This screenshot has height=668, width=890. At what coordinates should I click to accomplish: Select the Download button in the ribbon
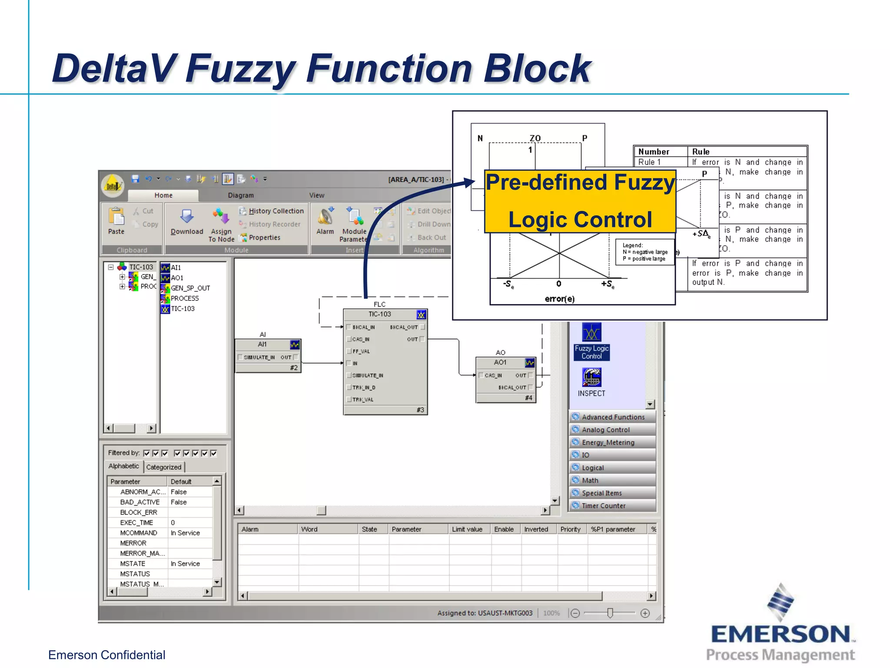pyautogui.click(x=187, y=221)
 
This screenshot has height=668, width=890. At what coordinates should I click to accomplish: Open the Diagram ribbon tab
pyautogui.click(x=241, y=195)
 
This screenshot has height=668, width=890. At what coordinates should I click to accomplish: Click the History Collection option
pyautogui.click(x=276, y=211)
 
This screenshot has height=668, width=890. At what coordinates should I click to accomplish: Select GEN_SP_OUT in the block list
pyautogui.click(x=190, y=288)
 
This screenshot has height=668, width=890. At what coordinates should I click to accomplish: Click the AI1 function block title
pyautogui.click(x=262, y=344)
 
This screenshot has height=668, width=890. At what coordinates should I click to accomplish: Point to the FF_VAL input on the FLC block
pyautogui.click(x=360, y=351)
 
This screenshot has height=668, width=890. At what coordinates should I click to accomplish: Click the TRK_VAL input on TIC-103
pyautogui.click(x=362, y=400)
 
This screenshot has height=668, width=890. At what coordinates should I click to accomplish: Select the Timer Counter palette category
pyautogui.click(x=604, y=506)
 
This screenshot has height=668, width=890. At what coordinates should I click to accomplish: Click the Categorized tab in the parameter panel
pyautogui.click(x=163, y=467)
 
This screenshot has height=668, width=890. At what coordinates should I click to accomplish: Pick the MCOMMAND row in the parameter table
pyautogui.click(x=139, y=533)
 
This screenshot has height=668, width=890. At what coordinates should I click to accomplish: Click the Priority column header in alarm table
pyautogui.click(x=570, y=529)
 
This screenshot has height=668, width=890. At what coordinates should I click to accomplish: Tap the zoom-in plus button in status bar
pyautogui.click(x=645, y=613)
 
